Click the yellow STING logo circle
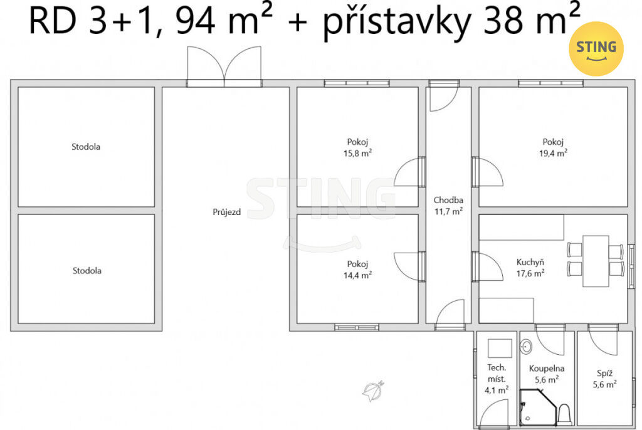(596, 49)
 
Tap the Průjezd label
(226, 212)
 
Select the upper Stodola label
(86, 147)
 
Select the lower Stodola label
(87, 271)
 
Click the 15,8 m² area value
(357, 153)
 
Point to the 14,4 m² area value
(357, 275)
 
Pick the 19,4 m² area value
(553, 153)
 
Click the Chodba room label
(448, 200)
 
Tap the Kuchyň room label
(530, 262)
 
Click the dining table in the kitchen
(596, 261)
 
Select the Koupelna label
(547, 369)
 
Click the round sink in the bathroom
(526, 347)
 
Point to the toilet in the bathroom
(564, 414)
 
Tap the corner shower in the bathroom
(537, 408)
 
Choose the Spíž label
(605, 373)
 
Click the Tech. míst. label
(497, 373)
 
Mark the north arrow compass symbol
(374, 391)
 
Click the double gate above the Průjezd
(224, 66)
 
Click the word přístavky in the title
(396, 23)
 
